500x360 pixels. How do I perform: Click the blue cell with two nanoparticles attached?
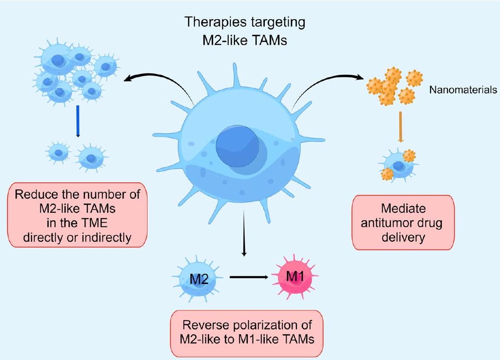pos(398,164)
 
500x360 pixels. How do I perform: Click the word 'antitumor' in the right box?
pos(384,223)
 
